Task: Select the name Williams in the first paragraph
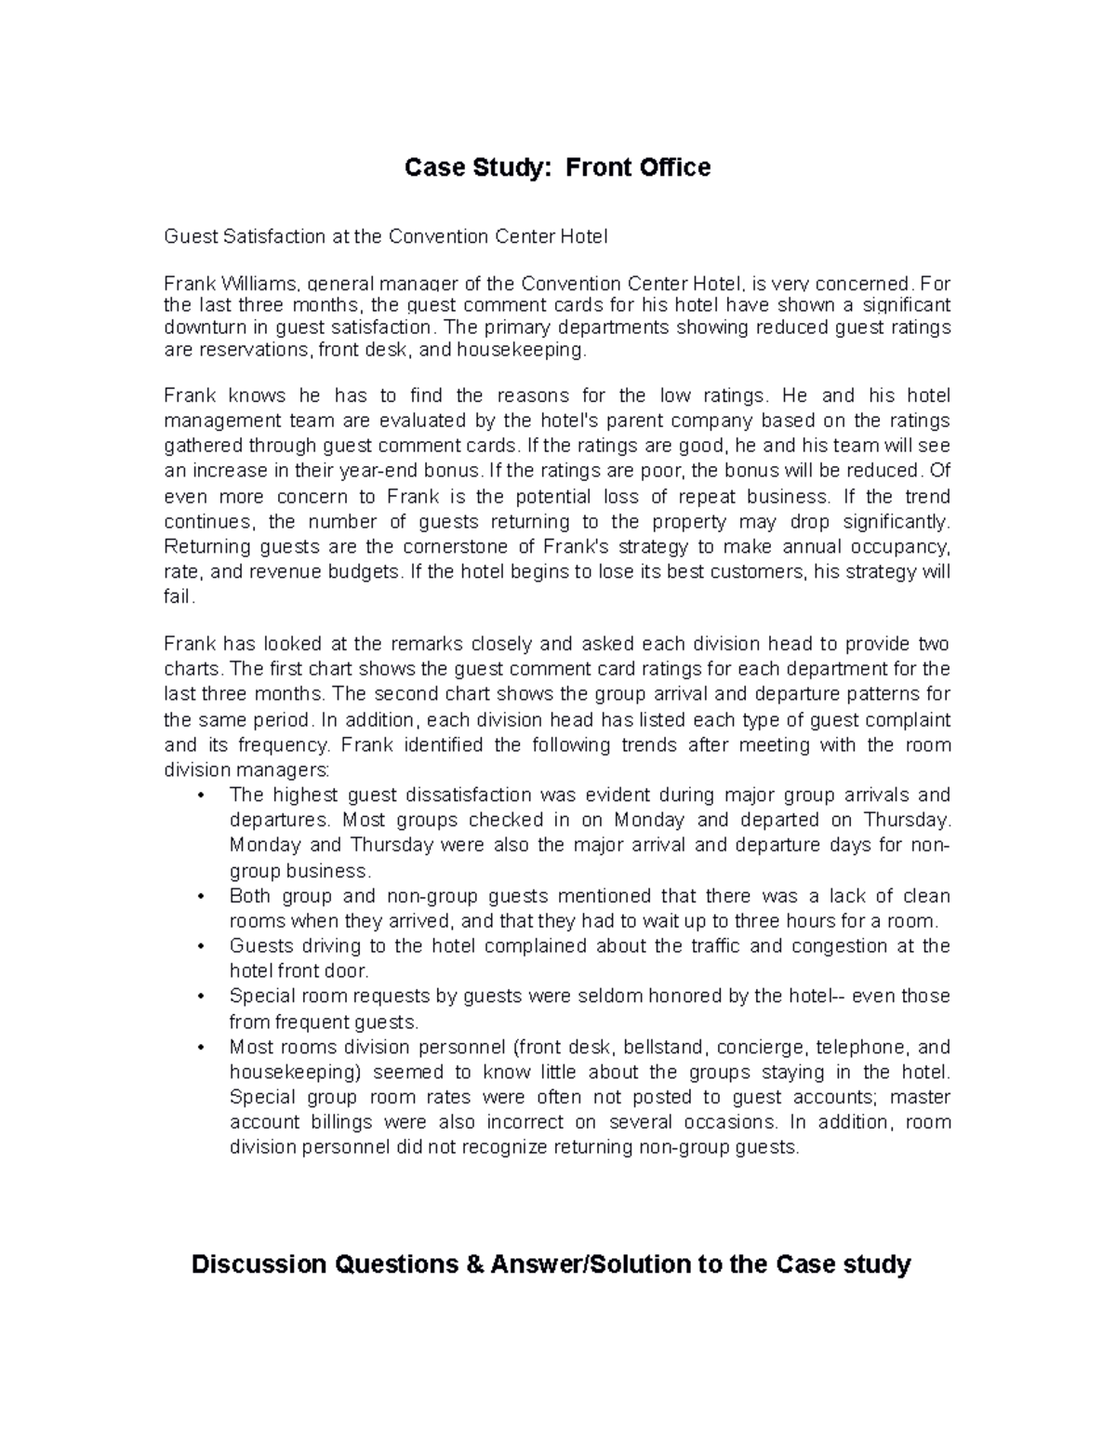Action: (253, 284)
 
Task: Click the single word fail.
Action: (179, 597)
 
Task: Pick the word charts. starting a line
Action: (193, 669)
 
